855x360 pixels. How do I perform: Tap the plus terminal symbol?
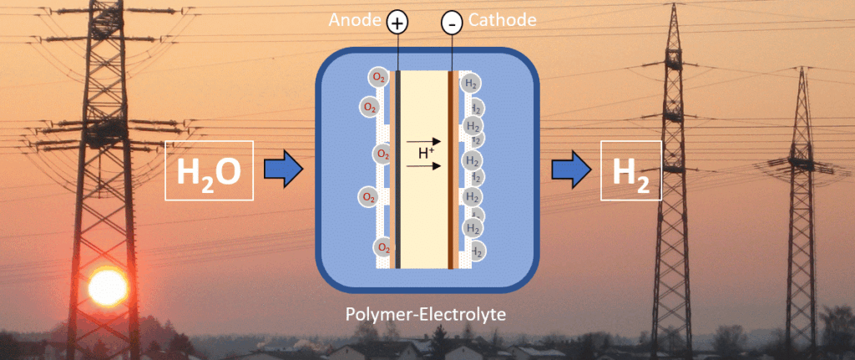(397, 24)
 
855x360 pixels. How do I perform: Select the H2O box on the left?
(209, 171)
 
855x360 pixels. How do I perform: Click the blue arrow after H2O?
(281, 170)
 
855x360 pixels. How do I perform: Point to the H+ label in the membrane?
(427, 153)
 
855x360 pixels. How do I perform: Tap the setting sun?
(108, 287)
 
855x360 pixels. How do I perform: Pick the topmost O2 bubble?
(379, 78)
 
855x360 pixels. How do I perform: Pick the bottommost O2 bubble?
(383, 247)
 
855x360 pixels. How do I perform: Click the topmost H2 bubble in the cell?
(471, 84)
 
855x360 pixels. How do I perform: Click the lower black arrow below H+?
(425, 165)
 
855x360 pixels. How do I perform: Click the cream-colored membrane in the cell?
(425, 217)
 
